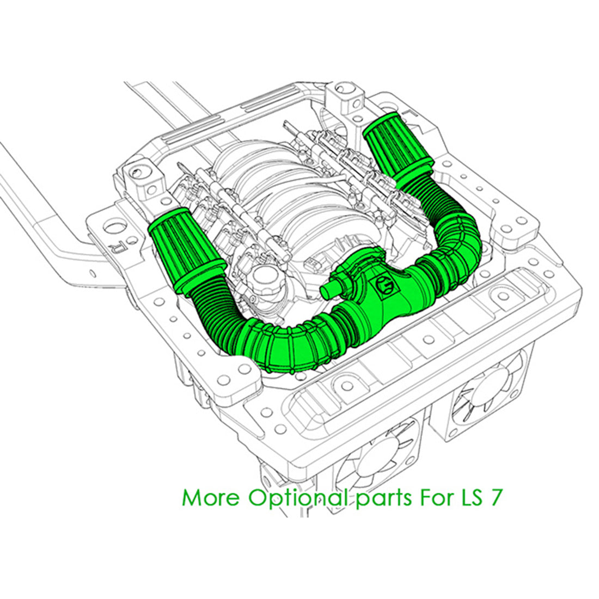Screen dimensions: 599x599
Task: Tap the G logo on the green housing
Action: [x=385, y=286]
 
